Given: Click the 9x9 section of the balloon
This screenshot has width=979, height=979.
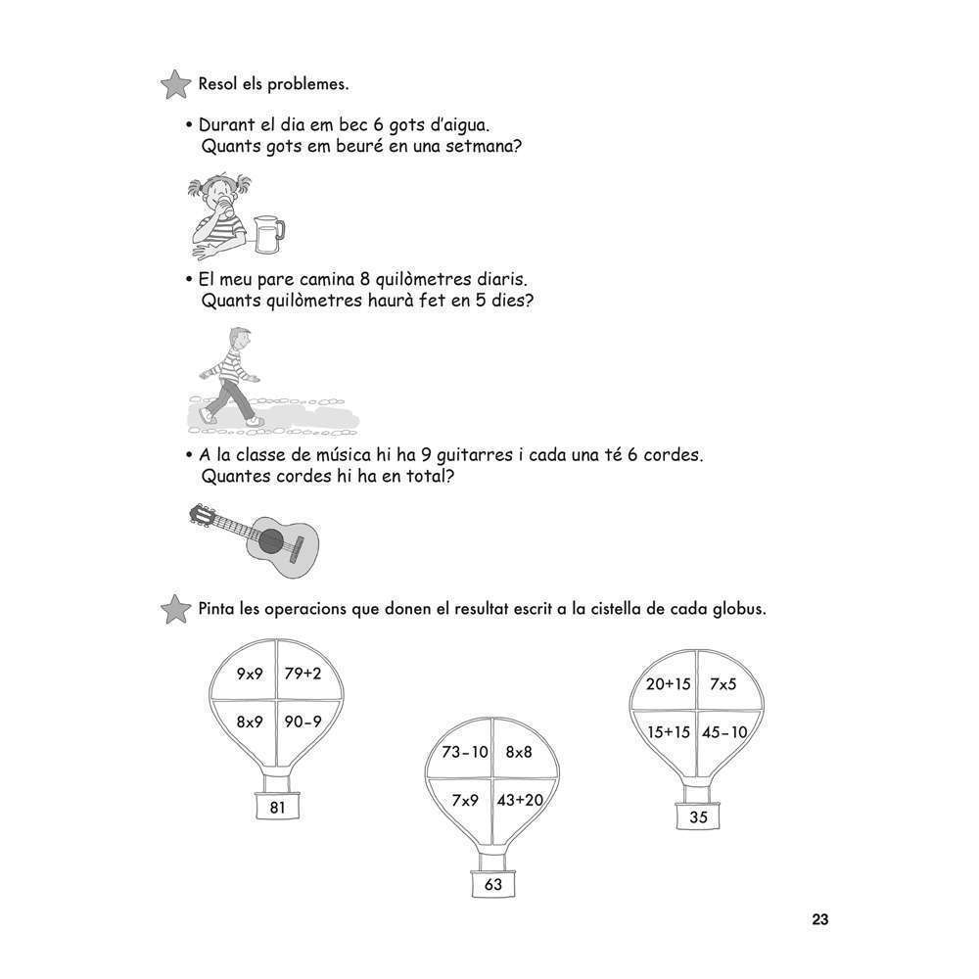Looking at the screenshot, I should click(x=250, y=674).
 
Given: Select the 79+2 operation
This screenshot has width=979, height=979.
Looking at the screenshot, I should click(x=303, y=674).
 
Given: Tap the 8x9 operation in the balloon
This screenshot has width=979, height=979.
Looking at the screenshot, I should click(x=250, y=722).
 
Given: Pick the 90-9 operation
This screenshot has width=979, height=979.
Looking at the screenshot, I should click(x=303, y=722).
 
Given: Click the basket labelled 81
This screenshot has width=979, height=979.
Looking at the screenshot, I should click(x=277, y=808).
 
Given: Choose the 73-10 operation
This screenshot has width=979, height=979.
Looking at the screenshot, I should click(x=465, y=752).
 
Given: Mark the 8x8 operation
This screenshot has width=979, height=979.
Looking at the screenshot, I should click(x=519, y=752).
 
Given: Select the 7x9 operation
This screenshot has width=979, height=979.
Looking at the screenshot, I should click(x=465, y=800).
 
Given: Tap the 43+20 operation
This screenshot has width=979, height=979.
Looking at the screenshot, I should click(x=520, y=800).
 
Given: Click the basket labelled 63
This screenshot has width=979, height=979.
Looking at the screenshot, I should click(x=492, y=885).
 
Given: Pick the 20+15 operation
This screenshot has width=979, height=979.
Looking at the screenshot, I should click(x=669, y=684).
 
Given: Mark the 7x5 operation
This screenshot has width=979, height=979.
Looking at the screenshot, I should click(x=723, y=684).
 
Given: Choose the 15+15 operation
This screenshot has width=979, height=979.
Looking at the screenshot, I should click(x=669, y=731).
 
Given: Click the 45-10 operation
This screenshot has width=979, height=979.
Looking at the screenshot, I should click(x=724, y=731).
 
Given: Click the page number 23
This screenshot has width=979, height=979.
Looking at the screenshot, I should click(x=819, y=919).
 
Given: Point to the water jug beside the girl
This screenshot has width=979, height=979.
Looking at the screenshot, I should click(x=266, y=232).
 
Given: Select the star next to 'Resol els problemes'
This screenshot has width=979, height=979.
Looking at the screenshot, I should click(x=174, y=84).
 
